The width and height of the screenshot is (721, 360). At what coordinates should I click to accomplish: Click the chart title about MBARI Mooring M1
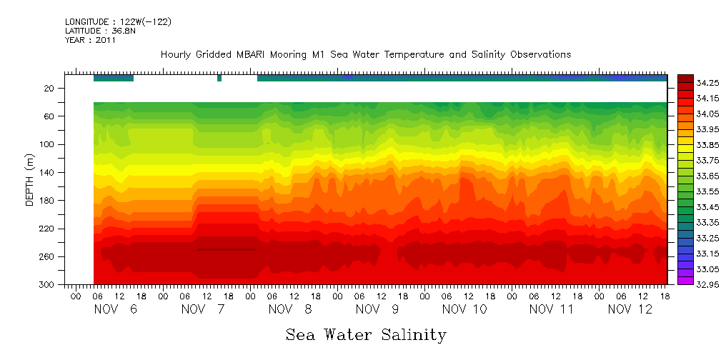tap(366, 55)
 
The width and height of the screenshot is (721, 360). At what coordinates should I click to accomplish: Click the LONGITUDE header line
tap(118, 22)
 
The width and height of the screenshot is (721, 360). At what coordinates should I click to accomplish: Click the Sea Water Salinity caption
tap(366, 334)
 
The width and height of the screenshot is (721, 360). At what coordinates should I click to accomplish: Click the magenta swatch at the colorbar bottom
tap(685, 281)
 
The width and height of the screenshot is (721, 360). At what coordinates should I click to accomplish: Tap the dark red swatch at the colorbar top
tap(685, 79)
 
